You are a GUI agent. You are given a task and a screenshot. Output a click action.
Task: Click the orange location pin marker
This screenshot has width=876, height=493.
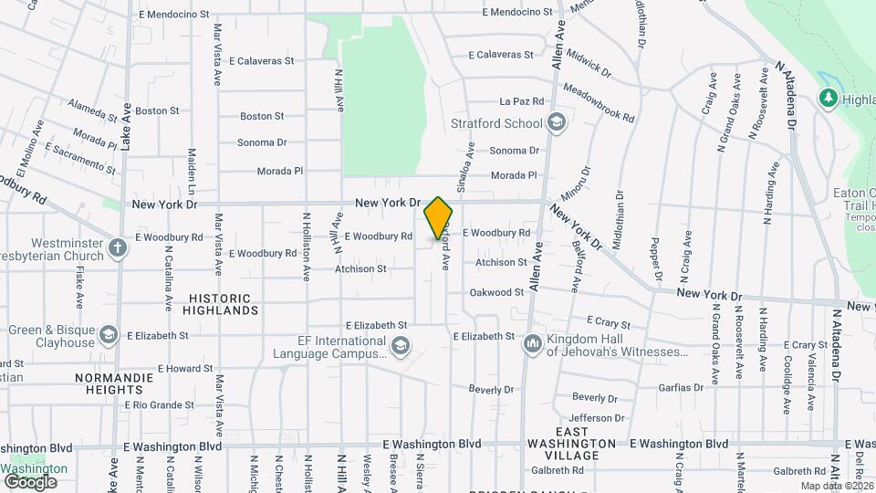(x=438, y=218)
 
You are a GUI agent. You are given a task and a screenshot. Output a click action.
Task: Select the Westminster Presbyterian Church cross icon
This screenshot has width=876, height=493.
(x=118, y=246)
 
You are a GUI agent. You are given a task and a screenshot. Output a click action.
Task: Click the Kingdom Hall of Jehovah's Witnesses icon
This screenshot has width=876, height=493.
(x=532, y=344)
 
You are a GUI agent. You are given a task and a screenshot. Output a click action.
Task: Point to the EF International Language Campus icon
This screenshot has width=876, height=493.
(x=400, y=346)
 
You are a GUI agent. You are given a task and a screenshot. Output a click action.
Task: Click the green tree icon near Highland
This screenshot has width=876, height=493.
(x=829, y=98)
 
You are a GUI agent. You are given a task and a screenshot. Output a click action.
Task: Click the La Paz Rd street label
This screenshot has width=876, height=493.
(x=522, y=101)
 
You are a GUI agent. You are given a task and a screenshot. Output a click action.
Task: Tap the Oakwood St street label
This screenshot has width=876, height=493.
(x=496, y=292)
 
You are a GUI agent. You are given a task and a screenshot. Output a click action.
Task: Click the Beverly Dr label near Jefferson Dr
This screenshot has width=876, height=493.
(x=595, y=398)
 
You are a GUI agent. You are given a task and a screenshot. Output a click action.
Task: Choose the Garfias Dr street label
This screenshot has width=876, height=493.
(x=681, y=387)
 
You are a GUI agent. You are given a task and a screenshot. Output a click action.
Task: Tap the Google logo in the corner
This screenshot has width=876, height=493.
(x=31, y=481)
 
